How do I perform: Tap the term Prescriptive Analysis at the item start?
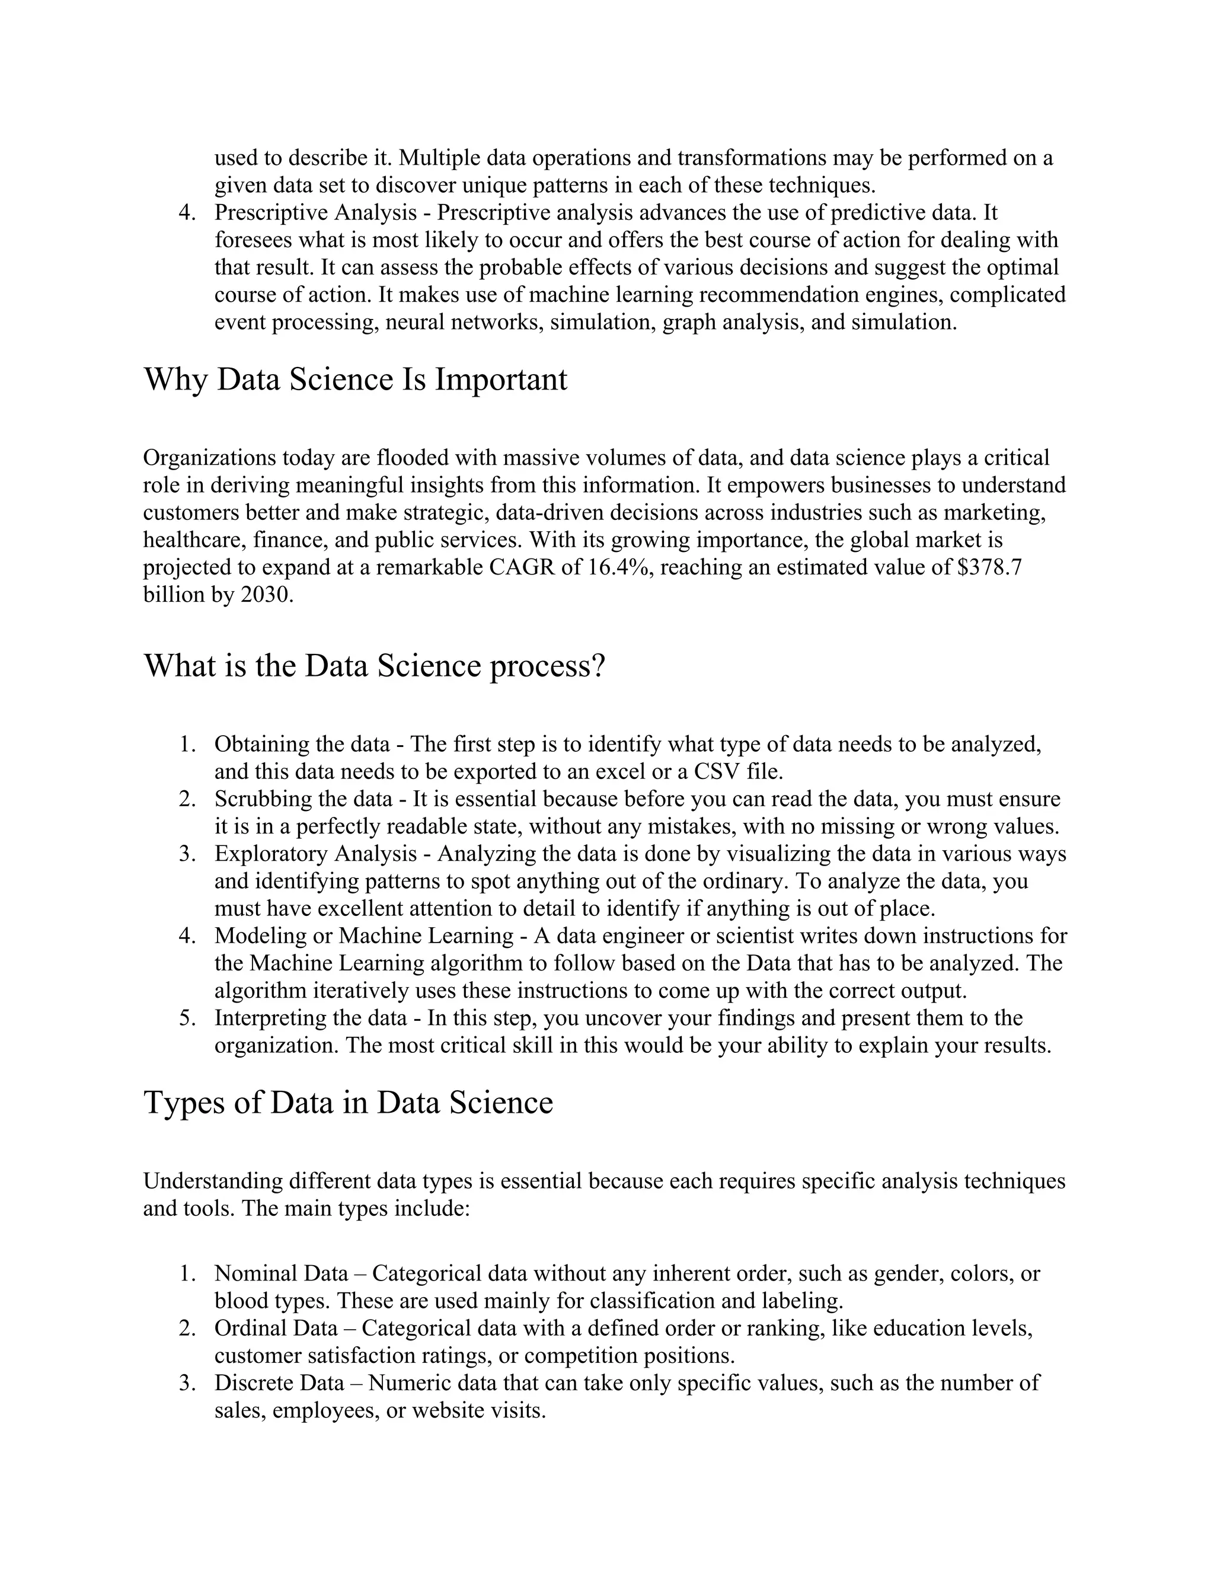click(315, 213)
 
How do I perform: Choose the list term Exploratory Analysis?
click(315, 854)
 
